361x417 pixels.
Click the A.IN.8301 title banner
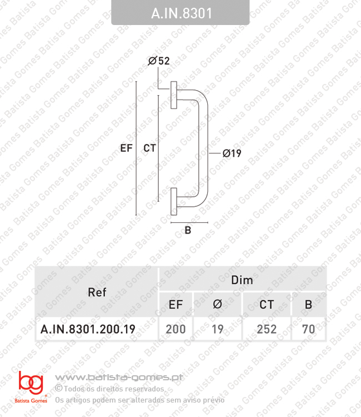181,13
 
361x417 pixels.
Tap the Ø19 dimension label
232,153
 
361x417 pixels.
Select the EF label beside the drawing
126,148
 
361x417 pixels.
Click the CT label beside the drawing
149,148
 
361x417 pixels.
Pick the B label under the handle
188,231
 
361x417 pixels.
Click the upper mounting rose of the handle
174,95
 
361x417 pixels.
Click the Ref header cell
97,292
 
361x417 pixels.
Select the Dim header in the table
242,280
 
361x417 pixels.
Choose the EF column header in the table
176,304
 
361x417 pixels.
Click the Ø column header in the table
218,304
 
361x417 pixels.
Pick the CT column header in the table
267,304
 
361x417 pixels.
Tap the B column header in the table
309,304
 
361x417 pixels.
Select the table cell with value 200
176,329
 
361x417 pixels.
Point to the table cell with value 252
267,329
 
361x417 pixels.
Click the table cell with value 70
309,329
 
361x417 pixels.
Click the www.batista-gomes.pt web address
121,378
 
